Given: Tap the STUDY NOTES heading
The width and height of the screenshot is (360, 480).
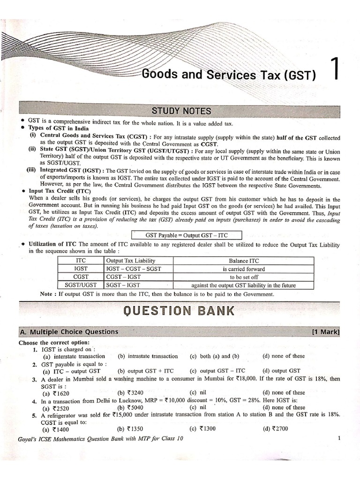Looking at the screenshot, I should [x=181, y=111].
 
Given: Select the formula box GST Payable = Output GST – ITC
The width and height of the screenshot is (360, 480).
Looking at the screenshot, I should [x=186, y=235].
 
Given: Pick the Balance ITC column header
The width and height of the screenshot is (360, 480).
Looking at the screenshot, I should [x=243, y=261].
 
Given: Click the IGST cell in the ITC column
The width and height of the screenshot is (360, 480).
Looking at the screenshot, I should [x=81, y=269].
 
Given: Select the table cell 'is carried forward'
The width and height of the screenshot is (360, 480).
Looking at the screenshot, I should [x=243, y=269].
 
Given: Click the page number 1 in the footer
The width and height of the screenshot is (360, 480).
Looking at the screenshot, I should [x=338, y=438].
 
